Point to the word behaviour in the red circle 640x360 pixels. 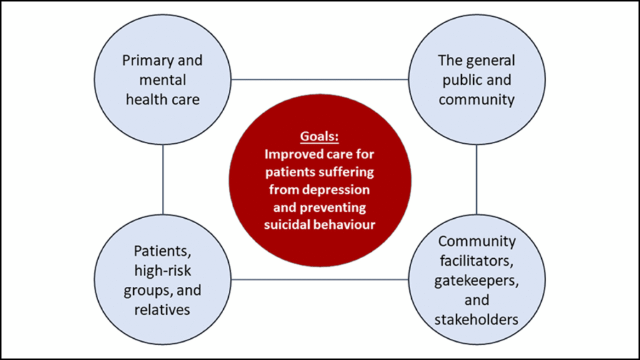point(347,224)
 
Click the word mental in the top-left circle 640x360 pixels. point(162,80)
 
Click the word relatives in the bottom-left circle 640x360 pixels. point(162,310)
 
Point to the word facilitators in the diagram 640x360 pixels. point(477,261)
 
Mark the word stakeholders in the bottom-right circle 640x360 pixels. point(477,319)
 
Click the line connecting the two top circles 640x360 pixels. point(319,79)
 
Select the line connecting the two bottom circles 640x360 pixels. point(319,279)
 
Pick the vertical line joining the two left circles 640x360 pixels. point(162,179)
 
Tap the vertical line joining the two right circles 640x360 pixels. point(477,179)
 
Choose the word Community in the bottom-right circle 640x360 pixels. point(477,241)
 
